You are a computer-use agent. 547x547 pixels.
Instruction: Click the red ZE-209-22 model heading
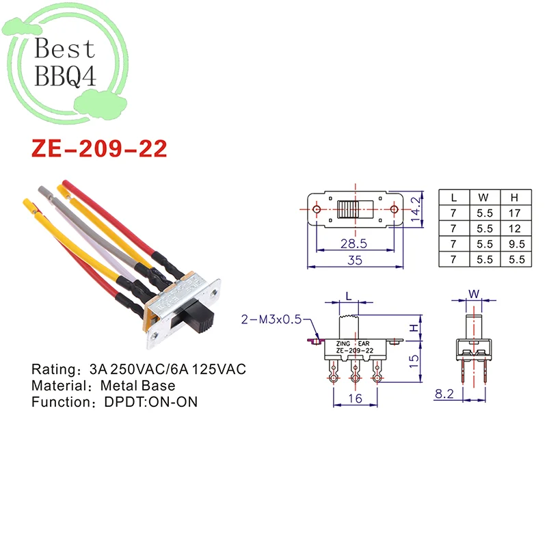point(99,148)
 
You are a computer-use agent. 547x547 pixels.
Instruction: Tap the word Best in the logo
point(64,48)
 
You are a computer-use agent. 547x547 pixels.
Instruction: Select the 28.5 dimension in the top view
point(353,243)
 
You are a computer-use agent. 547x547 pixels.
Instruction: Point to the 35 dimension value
point(355,261)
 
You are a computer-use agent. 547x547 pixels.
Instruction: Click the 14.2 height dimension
point(416,209)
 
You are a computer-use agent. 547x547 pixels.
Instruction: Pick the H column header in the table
point(514,198)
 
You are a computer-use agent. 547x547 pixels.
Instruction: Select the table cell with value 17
point(515,213)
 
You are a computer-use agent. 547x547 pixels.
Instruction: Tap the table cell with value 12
point(515,228)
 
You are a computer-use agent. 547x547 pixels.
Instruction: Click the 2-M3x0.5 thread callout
point(271,319)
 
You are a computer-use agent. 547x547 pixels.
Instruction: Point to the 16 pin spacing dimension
point(355,399)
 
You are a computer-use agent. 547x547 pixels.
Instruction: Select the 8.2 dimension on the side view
point(444,394)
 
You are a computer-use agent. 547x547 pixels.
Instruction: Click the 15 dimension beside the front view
point(414,361)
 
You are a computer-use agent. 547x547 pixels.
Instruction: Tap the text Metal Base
point(138,386)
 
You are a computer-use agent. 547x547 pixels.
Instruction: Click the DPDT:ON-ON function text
point(151,402)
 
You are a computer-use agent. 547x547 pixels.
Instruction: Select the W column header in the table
point(483,198)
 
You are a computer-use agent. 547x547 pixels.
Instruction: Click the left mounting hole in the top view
point(317,209)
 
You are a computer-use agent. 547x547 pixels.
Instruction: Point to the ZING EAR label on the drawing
point(353,344)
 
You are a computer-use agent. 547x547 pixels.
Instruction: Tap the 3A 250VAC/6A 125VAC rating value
point(168,369)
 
